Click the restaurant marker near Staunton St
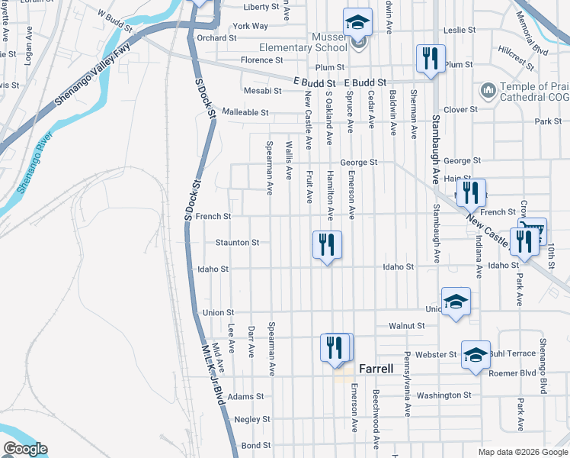[327, 245]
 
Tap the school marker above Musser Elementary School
[357, 23]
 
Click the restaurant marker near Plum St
[431, 58]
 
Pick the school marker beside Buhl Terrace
[476, 355]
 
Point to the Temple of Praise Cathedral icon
[487, 91]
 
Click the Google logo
[24, 449]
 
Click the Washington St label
[444, 395]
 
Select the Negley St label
[252, 419]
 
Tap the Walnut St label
[406, 325]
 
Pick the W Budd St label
[114, 16]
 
